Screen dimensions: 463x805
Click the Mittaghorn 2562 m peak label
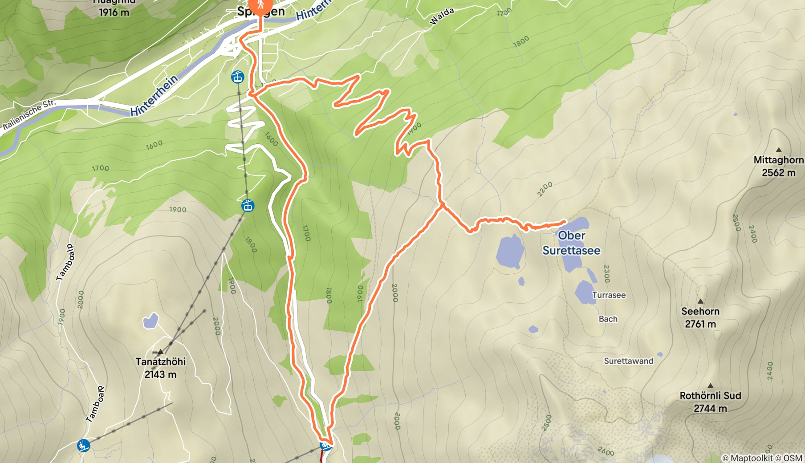pos(778,166)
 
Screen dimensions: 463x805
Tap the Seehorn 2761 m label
pos(700,317)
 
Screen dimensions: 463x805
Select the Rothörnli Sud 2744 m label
pos(710,402)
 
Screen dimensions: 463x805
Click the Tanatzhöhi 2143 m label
pos(160,368)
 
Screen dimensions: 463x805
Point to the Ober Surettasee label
pos(571,243)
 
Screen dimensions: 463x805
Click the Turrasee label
pos(609,295)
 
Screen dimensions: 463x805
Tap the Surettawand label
pos(628,361)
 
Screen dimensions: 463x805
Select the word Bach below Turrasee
pos(608,319)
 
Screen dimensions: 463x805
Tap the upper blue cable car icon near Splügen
pos(238,77)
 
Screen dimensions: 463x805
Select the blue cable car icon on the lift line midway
pos(248,206)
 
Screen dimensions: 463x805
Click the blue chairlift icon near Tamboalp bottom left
pos(83,445)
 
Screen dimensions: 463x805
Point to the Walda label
pos(441,16)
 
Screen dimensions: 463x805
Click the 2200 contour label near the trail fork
pos(545,189)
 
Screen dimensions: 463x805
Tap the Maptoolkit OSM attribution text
pos(762,458)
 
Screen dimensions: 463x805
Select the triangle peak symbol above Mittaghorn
pos(779,150)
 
